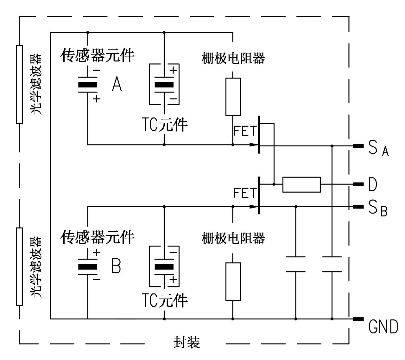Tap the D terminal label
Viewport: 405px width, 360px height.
tap(372, 185)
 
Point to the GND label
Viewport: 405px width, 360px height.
tap(383, 327)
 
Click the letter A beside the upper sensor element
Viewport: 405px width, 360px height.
tap(117, 84)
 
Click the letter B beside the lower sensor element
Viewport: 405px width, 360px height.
tap(116, 266)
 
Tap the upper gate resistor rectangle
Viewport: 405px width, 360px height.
tap(233, 96)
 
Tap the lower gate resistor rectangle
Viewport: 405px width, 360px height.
tap(233, 281)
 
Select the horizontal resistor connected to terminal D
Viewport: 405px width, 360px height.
tap(301, 184)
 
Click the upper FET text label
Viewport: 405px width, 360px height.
tap(245, 131)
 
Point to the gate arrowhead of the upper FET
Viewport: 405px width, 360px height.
tap(254, 145)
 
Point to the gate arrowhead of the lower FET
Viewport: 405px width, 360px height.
tap(254, 207)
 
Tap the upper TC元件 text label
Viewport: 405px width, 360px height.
tap(164, 125)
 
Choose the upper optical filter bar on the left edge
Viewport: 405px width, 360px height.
tap(19, 84)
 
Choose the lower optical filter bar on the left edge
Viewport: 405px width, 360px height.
tap(19, 266)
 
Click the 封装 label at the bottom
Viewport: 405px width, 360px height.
tap(187, 343)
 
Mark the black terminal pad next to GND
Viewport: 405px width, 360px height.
tap(358, 319)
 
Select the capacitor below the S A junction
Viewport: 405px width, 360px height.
tap(332, 264)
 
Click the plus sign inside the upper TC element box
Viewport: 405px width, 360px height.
tap(173, 70)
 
